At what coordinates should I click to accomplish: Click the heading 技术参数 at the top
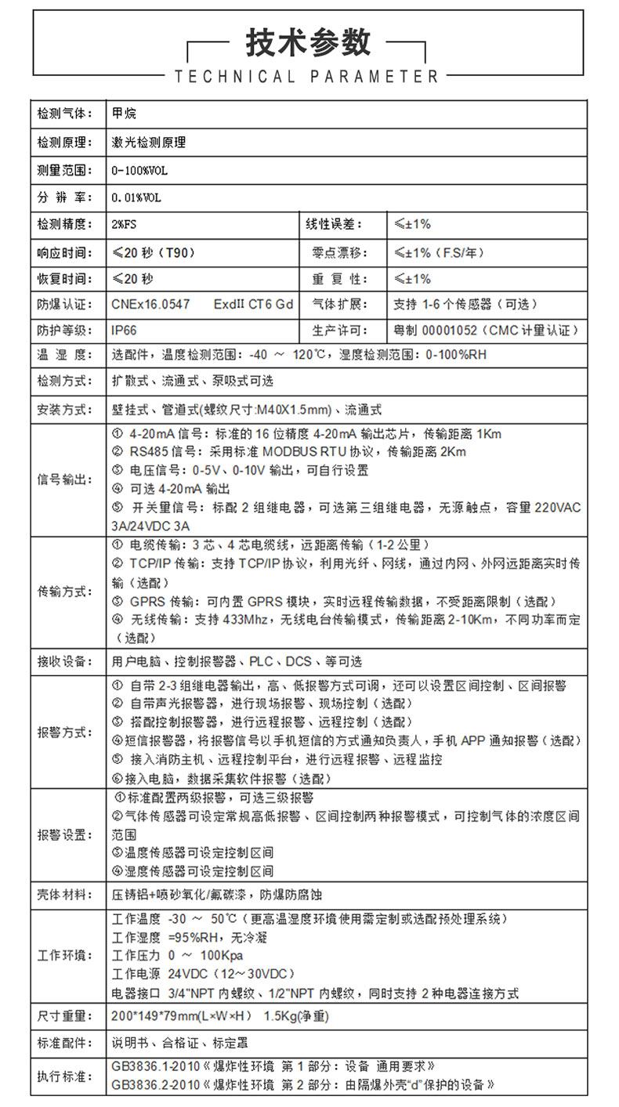coord(308,43)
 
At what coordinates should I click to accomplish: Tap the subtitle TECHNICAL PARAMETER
coord(307,77)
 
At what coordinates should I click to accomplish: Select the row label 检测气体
coord(65,114)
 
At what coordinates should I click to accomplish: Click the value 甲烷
coord(124,114)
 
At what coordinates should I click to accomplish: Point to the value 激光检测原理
coord(149,143)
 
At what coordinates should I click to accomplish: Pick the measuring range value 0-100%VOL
coord(140,170)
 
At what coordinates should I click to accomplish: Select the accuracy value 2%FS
coord(125,225)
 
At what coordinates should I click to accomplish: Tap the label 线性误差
coord(334,225)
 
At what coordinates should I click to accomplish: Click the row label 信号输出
coord(65,479)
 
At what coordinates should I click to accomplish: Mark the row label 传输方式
coord(65,591)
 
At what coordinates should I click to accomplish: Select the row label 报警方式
coord(65,733)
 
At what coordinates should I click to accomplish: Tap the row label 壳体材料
coord(65,894)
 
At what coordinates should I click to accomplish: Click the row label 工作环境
coord(65,956)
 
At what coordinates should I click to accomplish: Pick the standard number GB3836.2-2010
coord(155,1085)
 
